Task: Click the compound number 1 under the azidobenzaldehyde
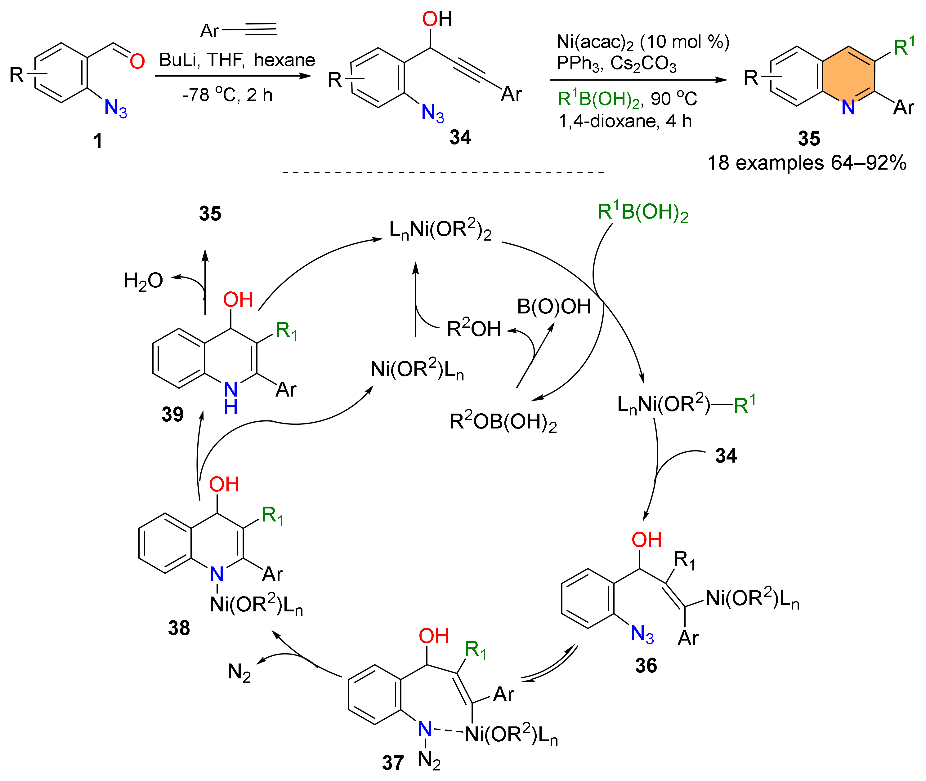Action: (x=97, y=141)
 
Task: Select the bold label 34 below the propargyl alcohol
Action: (x=460, y=137)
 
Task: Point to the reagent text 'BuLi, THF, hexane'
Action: (x=237, y=60)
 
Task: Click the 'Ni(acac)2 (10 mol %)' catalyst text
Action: (x=642, y=42)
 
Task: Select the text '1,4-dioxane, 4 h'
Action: (x=625, y=121)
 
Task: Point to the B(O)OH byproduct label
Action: (x=554, y=306)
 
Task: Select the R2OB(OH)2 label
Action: (x=503, y=422)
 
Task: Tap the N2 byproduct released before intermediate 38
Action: (x=239, y=672)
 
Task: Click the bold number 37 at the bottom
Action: (x=392, y=762)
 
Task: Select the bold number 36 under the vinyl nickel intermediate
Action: (x=646, y=665)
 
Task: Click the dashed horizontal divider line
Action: (x=443, y=172)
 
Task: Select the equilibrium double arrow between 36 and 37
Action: (x=549, y=664)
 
